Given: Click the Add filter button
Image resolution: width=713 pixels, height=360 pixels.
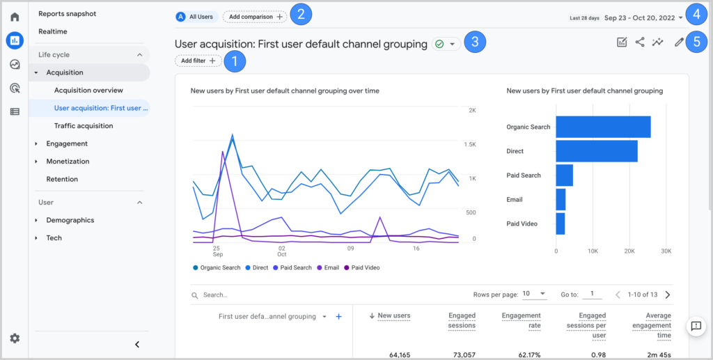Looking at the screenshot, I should click(198, 61).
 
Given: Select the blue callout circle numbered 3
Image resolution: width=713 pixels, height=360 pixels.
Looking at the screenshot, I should click(474, 42).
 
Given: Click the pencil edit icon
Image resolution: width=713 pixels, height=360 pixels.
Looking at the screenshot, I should click(679, 42).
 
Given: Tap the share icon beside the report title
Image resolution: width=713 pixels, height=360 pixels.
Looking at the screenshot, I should click(640, 42).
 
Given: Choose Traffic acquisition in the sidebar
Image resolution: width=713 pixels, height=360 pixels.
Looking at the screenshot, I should click(84, 126).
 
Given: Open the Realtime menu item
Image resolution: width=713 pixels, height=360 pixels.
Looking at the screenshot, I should click(53, 32).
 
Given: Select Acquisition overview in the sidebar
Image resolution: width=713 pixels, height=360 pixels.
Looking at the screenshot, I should click(88, 91).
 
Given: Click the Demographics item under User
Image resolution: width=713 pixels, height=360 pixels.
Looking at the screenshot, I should click(70, 220).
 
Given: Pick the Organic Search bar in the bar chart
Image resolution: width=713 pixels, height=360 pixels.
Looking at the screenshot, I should click(603, 127).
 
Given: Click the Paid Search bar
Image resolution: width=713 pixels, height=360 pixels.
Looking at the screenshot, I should click(565, 175).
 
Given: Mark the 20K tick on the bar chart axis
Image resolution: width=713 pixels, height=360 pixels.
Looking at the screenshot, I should click(629, 251).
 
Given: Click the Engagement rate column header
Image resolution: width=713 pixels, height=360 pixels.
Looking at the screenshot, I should click(521, 320).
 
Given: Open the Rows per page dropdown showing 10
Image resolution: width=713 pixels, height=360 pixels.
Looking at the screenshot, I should click(534, 295).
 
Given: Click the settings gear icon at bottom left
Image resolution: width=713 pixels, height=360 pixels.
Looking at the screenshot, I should click(15, 338).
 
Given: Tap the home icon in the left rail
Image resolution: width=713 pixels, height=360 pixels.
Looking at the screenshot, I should click(15, 17).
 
